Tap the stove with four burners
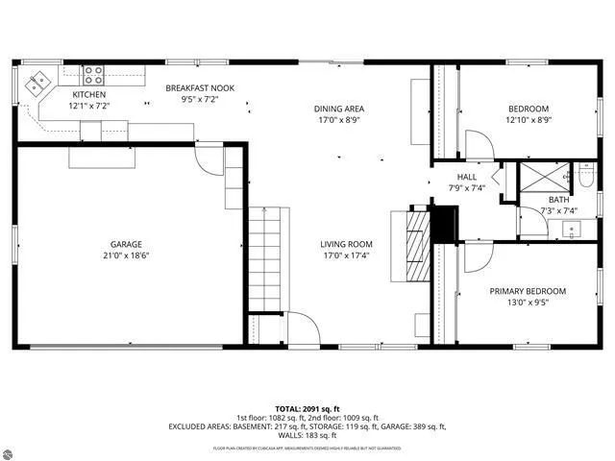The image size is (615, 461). (93, 74)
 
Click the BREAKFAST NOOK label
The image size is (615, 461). (199, 88)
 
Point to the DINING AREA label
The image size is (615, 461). (339, 109)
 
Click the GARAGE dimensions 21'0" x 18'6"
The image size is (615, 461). (127, 255)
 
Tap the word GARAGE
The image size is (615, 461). (127, 243)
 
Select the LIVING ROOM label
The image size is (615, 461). (346, 244)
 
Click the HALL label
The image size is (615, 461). (466, 177)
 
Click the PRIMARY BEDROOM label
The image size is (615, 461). (527, 291)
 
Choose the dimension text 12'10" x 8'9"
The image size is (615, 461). (528, 120)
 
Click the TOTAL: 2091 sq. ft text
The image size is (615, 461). (307, 408)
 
